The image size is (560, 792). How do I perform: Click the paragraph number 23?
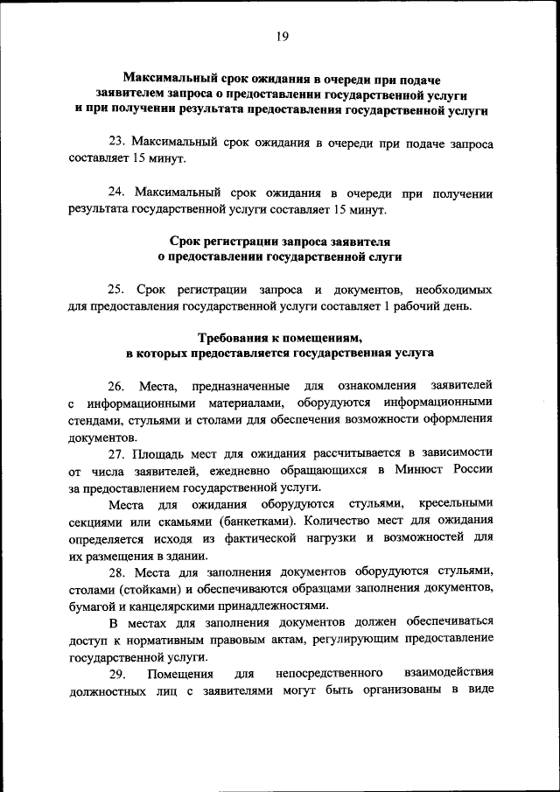click(x=117, y=143)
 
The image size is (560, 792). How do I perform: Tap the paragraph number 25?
click(x=117, y=289)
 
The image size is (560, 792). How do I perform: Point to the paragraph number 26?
click(x=117, y=385)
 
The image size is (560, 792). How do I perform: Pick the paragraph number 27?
click(x=117, y=452)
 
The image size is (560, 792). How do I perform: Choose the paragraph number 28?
click(x=117, y=571)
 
